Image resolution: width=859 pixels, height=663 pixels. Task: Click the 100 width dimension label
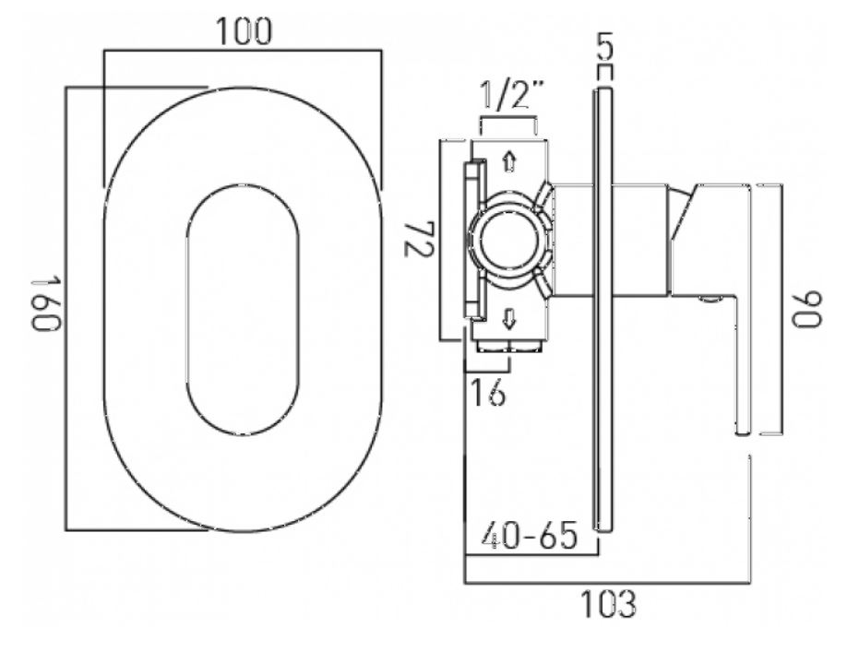244,31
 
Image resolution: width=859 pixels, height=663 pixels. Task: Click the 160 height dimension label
45,304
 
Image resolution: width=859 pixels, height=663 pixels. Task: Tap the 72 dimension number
419,239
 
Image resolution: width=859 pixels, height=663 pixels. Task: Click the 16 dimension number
488,393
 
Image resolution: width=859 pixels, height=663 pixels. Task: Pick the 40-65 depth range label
530,535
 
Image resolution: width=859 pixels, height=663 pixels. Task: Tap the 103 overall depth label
608,604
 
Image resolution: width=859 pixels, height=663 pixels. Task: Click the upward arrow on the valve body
509,161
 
